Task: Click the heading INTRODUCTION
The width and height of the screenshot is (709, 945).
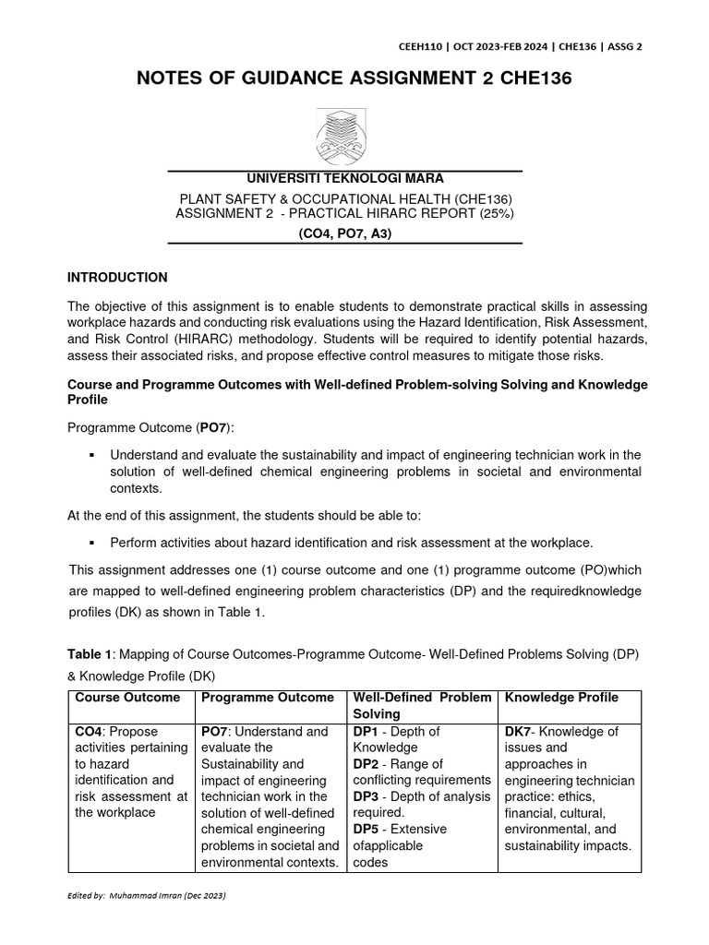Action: tap(118, 277)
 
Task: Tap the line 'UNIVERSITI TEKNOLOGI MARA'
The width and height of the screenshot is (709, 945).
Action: tap(344, 178)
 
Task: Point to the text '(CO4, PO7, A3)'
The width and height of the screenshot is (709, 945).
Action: tap(344, 233)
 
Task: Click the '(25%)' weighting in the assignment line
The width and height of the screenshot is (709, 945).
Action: tap(494, 212)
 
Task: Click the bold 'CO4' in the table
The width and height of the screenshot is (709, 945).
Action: tap(90, 732)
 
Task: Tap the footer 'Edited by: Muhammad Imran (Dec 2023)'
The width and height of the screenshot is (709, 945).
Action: tap(148, 896)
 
